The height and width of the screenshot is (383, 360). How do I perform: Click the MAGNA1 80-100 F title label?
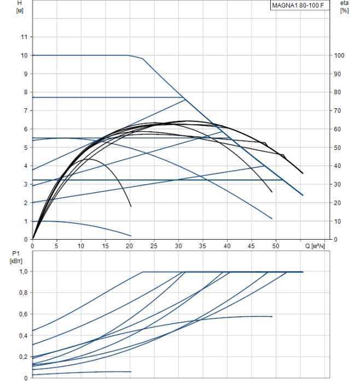pos(300,7)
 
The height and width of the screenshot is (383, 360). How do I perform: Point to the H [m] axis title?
pos(20,7)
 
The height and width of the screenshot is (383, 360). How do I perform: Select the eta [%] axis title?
pos(344,7)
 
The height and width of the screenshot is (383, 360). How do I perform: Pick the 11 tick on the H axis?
pos(23,37)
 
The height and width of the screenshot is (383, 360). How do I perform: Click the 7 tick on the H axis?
pos(25,111)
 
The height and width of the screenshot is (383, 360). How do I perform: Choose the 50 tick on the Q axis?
pos(276,246)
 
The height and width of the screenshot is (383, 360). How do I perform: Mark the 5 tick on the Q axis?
pos(57,246)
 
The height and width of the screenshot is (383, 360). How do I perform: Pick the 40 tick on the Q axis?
pos(227,246)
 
